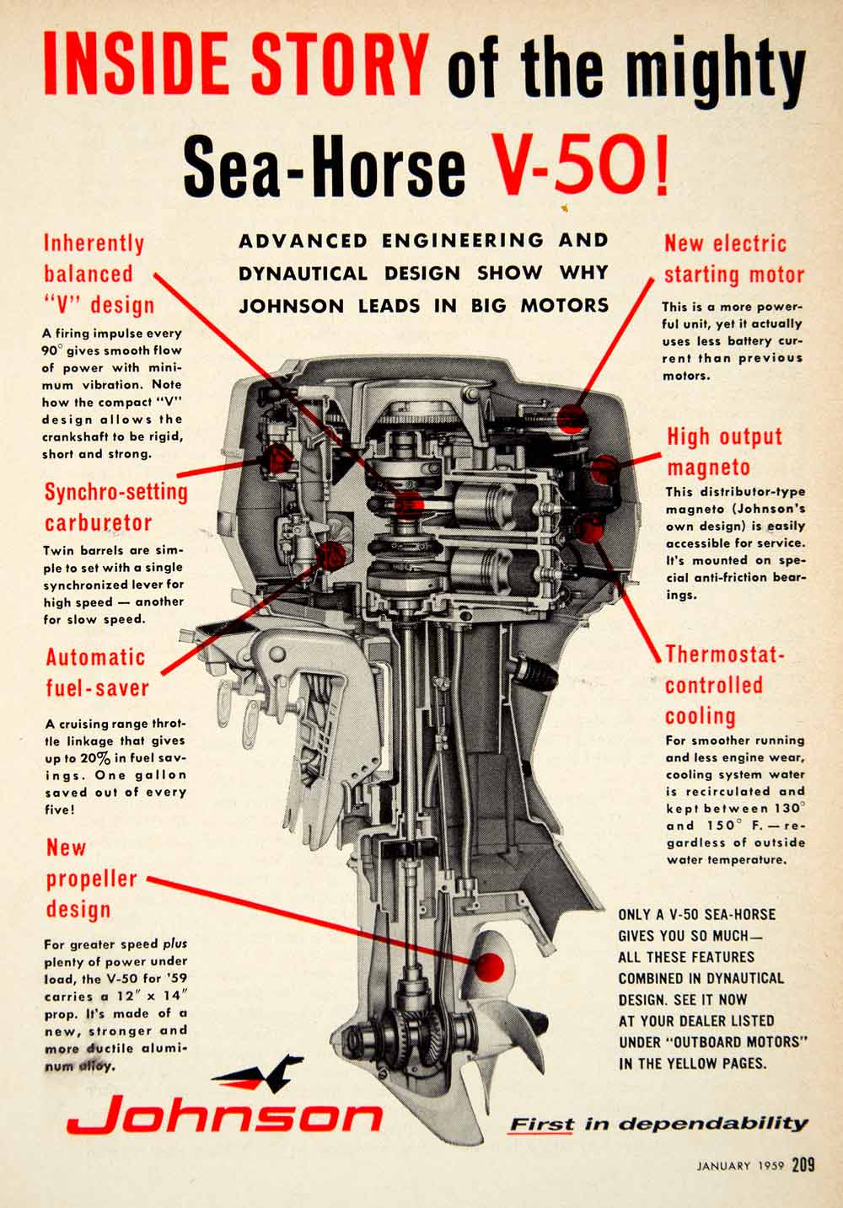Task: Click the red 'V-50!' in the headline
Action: pos(580,166)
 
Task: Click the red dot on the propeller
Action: pos(490,966)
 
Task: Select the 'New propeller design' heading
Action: pos(92,879)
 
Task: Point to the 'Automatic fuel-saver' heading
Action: pos(97,672)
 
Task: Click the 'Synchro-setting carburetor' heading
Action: pos(115,507)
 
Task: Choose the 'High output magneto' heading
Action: pos(724,452)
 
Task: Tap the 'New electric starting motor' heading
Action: pos(734,259)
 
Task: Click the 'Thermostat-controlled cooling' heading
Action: pos(724,685)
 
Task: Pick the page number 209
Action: pos(803,1165)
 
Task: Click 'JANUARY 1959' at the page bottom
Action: pos(739,1166)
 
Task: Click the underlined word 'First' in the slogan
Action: pos(540,1125)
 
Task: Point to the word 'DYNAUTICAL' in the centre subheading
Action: pos(303,274)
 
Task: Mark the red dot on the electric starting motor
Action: pos(572,417)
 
